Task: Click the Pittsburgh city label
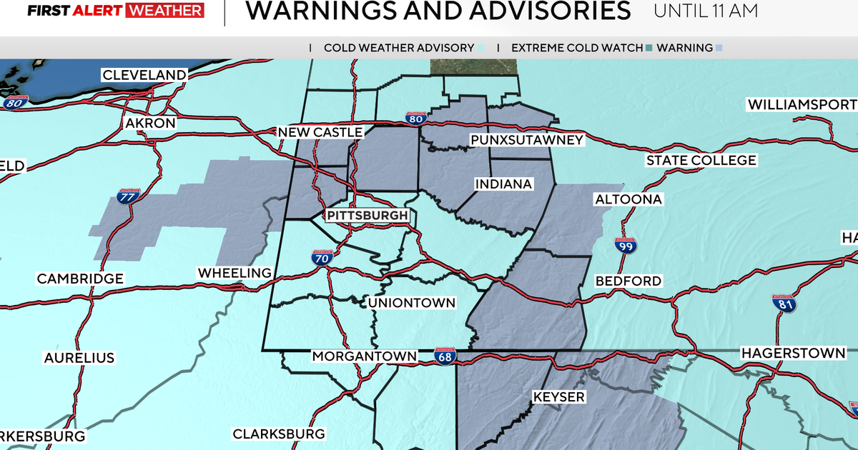click(368, 216)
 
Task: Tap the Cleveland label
click(144, 75)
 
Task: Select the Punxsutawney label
click(526, 140)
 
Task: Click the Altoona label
click(628, 199)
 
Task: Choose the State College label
click(701, 161)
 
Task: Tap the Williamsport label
click(802, 105)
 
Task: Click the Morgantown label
click(364, 356)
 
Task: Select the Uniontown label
click(411, 303)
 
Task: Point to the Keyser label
click(558, 396)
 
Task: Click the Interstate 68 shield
click(444, 356)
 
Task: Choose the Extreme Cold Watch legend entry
click(577, 48)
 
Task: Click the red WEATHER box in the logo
click(164, 11)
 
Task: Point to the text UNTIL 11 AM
click(705, 11)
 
